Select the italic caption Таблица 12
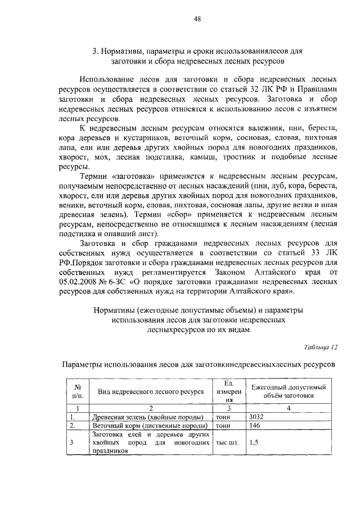click(x=319, y=346)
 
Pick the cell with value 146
click(x=255, y=426)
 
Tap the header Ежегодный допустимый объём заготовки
click(x=289, y=391)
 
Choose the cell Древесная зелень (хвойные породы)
click(x=147, y=417)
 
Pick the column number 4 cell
click(x=289, y=408)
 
